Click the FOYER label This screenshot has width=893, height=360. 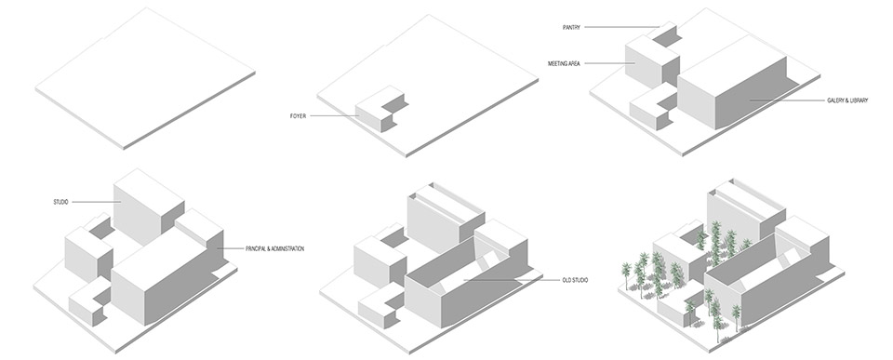(297, 116)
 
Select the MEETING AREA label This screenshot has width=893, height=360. (566, 63)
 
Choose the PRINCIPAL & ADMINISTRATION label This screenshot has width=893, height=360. (274, 248)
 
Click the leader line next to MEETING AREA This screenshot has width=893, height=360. (609, 63)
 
